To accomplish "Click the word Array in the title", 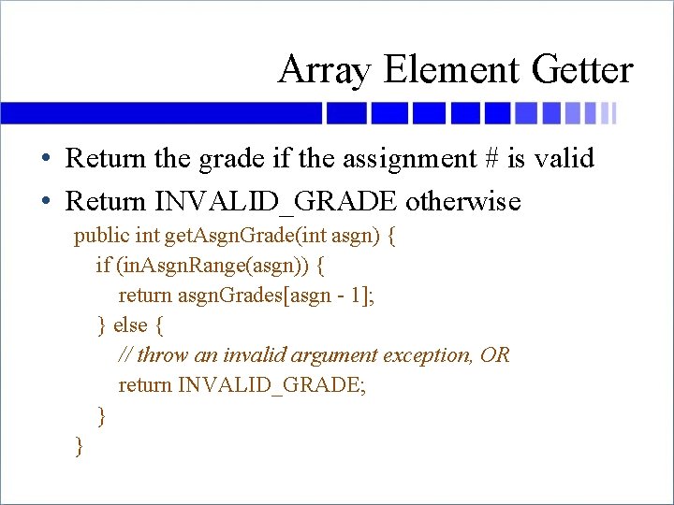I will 323,70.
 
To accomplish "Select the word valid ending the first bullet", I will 564,159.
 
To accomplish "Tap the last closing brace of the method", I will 80,446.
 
